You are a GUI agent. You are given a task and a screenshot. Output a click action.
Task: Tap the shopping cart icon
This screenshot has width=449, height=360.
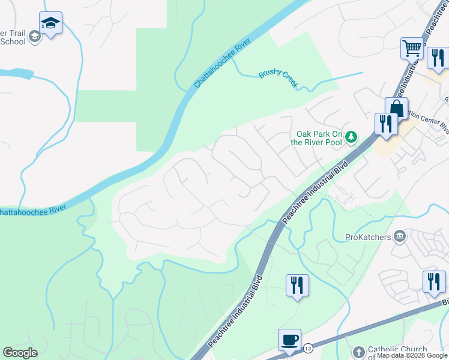(412, 47)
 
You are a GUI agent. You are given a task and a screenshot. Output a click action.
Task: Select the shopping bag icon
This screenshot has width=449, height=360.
(396, 108)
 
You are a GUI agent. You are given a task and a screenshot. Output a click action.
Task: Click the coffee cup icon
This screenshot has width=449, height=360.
(289, 340)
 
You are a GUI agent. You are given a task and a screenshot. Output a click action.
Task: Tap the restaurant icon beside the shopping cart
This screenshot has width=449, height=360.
(438, 58)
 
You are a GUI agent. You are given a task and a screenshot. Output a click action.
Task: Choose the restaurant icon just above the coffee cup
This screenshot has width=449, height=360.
(297, 284)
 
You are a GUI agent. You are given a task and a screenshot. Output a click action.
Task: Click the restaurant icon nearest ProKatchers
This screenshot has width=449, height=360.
(433, 281)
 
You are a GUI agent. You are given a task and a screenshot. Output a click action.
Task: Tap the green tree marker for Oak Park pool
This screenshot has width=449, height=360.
(352, 138)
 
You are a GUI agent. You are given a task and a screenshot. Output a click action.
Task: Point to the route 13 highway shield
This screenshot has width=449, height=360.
(307, 349)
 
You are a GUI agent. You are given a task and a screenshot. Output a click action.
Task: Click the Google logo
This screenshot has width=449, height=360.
(20, 353)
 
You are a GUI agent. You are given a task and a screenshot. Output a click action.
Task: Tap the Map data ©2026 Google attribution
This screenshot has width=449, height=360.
(412, 355)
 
